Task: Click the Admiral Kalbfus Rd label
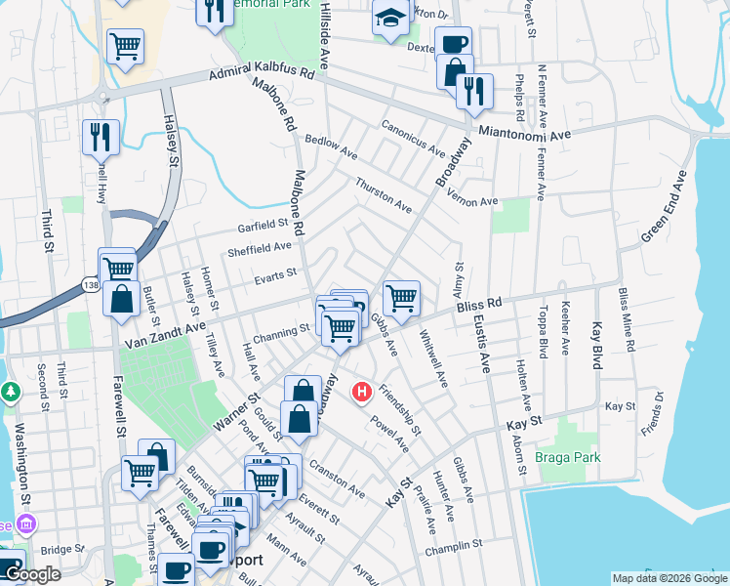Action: coord(263,75)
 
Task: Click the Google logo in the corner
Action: coord(32,574)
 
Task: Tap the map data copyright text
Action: coord(669,578)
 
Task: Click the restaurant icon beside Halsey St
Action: coord(100,137)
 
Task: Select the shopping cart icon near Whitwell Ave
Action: coord(401,298)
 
